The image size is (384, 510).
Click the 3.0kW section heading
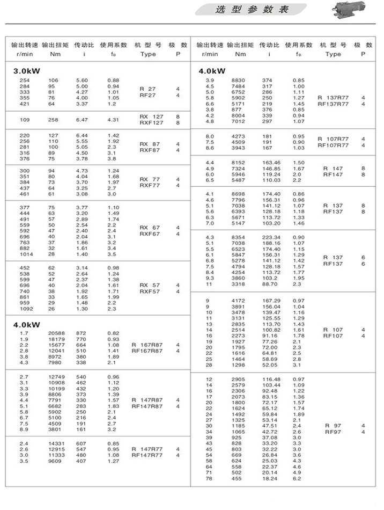click(x=27, y=71)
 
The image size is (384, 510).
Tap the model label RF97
click(x=333, y=432)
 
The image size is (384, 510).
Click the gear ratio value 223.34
click(x=270, y=237)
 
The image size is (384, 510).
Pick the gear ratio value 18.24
click(x=270, y=478)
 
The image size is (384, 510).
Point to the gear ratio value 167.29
click(x=270, y=300)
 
